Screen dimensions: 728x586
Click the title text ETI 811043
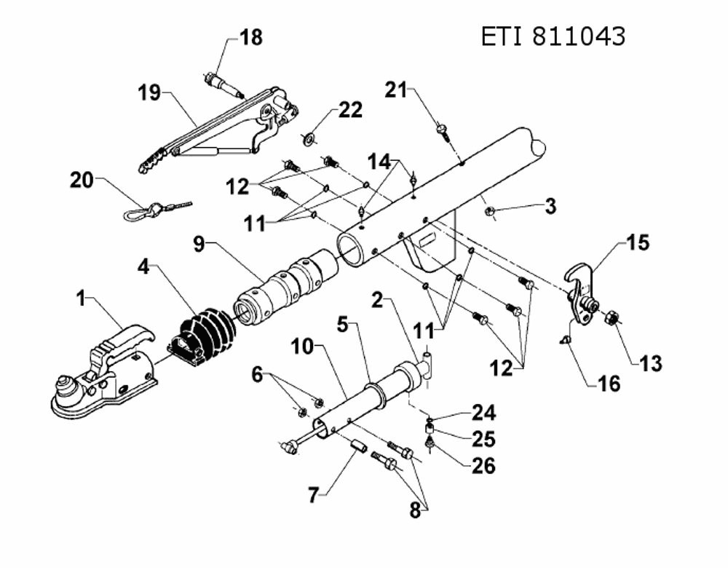(x=553, y=36)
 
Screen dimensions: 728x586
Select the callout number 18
(x=251, y=38)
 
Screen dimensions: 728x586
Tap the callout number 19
(x=149, y=93)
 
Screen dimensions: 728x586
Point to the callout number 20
(x=82, y=180)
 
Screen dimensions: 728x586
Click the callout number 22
(x=351, y=110)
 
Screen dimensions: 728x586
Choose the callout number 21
(x=395, y=90)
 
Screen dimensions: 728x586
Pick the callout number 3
(x=550, y=206)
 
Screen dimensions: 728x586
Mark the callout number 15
(x=638, y=242)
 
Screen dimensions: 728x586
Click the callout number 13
(x=650, y=363)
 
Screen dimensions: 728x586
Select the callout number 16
(x=609, y=384)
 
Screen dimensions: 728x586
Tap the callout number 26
(x=484, y=466)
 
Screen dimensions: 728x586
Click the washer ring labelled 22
(x=308, y=138)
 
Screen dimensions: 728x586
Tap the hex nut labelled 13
(x=611, y=318)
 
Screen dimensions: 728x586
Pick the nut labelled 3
(x=488, y=212)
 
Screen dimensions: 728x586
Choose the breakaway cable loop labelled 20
(x=157, y=210)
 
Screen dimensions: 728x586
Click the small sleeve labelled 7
(x=358, y=447)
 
